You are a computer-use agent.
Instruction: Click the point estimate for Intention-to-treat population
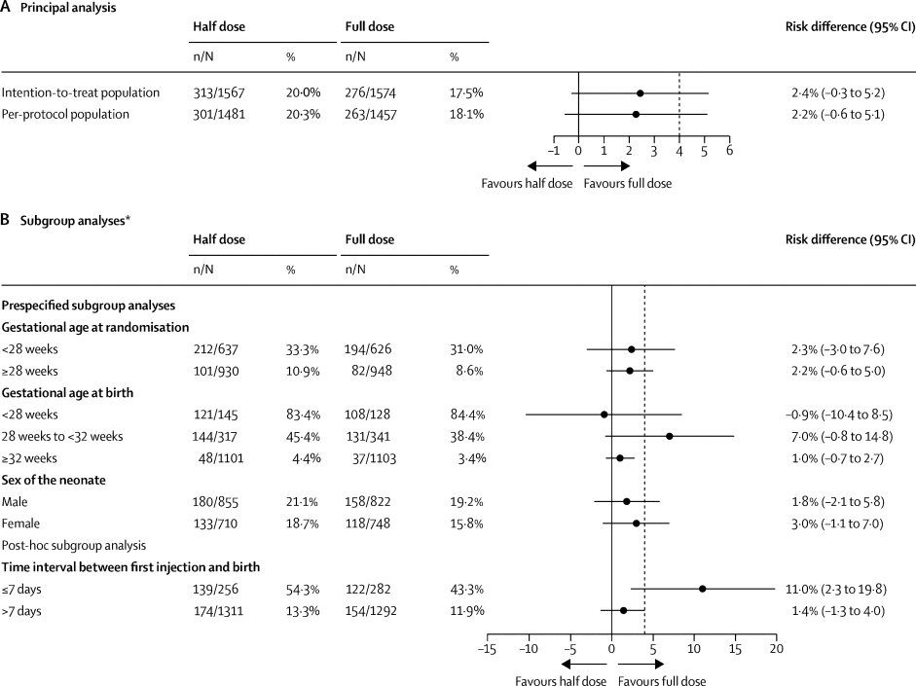(640, 93)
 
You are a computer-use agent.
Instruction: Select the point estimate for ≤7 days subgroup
(702, 589)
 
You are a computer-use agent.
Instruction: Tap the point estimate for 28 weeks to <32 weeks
(670, 436)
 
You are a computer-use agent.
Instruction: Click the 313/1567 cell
(222, 93)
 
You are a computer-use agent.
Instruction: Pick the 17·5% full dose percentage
(465, 93)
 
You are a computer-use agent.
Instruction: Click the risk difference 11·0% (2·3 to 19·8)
(838, 590)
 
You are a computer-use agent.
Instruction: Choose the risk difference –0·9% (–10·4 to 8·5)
(838, 415)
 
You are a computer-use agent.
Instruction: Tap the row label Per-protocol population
(65, 114)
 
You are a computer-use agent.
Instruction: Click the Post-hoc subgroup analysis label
(74, 546)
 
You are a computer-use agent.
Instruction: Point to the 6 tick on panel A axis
(729, 151)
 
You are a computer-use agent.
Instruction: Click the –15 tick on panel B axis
(486, 648)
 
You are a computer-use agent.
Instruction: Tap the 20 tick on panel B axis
(776, 648)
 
